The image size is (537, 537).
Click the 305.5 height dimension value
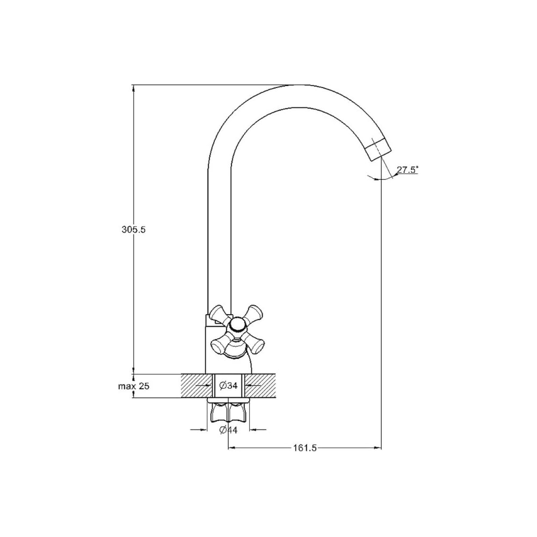134,229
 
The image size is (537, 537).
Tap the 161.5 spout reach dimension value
305,448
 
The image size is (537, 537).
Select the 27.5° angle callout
408,170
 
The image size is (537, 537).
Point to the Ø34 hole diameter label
228,386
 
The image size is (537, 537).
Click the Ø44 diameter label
228,430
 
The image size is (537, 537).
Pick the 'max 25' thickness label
134,386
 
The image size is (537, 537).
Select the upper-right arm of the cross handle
253,313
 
